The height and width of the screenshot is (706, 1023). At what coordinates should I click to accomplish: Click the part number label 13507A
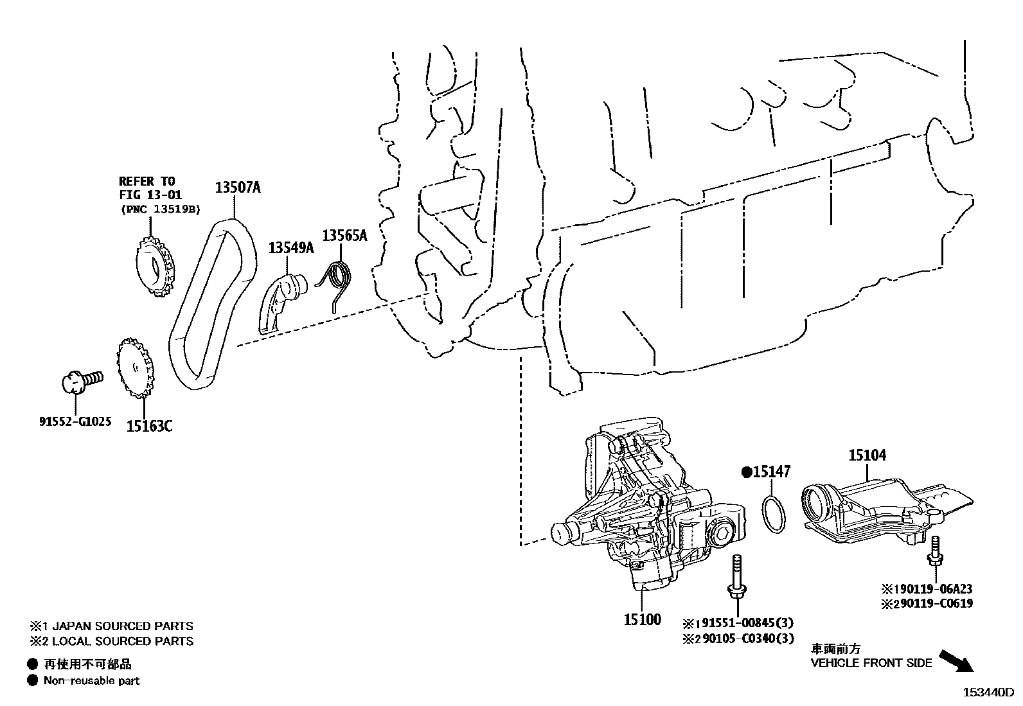(x=237, y=188)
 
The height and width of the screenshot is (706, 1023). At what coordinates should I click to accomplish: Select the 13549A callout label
(x=290, y=247)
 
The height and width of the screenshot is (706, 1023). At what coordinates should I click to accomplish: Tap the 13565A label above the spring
(x=344, y=236)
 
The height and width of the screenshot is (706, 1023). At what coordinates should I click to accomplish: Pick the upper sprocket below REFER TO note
(x=154, y=267)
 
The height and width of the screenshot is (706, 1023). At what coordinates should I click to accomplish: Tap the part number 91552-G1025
(x=75, y=422)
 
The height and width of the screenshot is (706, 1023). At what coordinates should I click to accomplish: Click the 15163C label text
(x=148, y=425)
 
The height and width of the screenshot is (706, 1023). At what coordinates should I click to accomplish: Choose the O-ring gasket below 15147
(x=773, y=513)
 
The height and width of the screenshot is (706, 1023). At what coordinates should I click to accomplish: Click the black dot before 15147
(x=747, y=472)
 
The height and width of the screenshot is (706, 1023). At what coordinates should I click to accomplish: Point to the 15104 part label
(x=867, y=455)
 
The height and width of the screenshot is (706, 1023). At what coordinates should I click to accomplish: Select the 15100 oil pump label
(x=642, y=620)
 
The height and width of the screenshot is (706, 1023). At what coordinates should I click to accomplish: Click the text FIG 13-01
(x=150, y=195)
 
